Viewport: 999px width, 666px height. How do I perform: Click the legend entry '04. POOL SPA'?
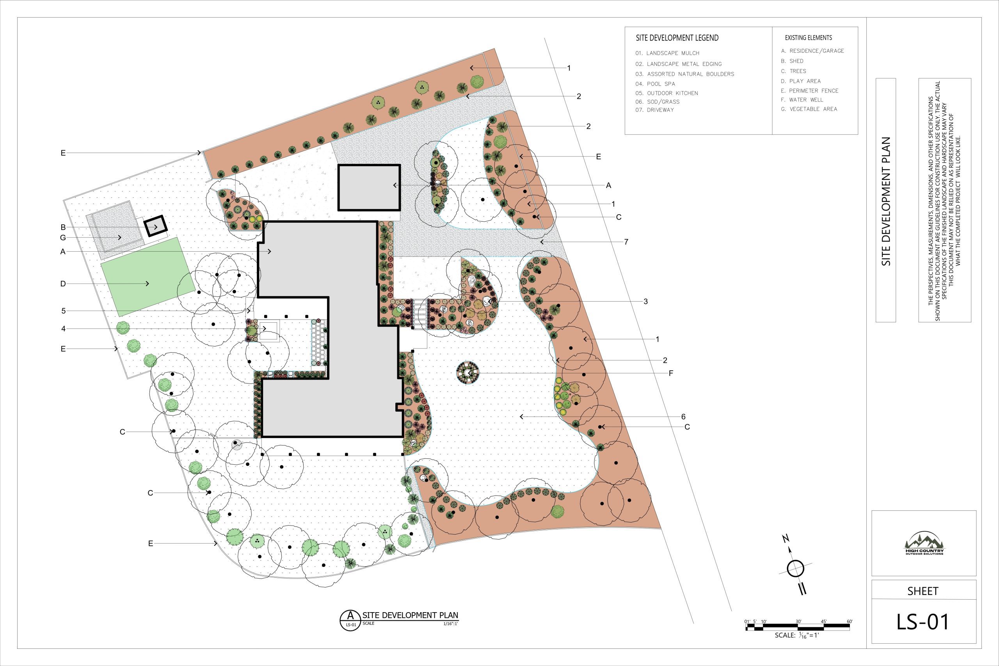point(655,83)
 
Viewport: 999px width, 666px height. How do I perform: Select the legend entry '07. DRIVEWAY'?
point(654,110)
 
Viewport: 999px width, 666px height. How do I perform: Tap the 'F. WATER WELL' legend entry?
point(802,100)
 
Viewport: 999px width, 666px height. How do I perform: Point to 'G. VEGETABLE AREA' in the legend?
point(809,109)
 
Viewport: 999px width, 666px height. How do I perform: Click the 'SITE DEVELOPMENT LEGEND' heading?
point(677,38)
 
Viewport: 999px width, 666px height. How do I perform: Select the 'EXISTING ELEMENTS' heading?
point(808,38)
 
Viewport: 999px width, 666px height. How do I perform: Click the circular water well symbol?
point(468,373)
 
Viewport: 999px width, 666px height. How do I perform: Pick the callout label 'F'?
point(671,373)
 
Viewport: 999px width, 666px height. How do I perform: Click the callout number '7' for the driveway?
point(626,242)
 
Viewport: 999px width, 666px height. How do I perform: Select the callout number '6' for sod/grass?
point(683,417)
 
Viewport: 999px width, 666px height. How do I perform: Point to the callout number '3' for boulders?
point(645,302)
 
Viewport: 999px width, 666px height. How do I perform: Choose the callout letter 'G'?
point(63,238)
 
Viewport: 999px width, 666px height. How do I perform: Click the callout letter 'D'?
point(63,284)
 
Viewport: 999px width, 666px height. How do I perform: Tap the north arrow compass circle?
point(796,568)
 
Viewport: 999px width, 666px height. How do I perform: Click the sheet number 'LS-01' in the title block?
point(923,622)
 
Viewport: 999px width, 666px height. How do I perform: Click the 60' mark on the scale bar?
point(850,622)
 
